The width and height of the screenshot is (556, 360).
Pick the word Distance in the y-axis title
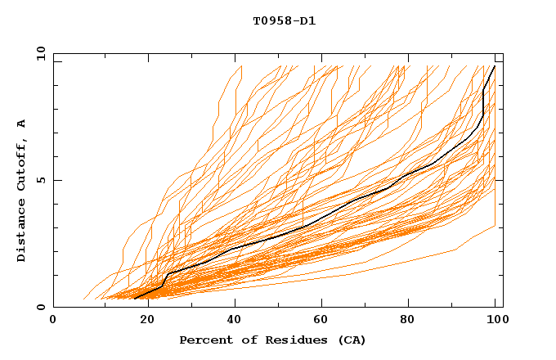tap(21, 230)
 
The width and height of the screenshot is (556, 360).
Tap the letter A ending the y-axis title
tap(21, 124)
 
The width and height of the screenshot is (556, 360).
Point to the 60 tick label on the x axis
tap(321, 320)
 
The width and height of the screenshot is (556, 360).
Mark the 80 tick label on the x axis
tap(409, 320)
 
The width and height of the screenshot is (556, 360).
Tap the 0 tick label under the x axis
tap(53, 320)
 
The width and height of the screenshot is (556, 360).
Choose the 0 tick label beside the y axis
tap(41, 308)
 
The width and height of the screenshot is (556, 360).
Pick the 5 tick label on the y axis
tap(41, 180)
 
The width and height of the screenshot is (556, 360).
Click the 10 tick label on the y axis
tap(38, 53)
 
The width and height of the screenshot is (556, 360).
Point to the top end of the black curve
tap(494, 66)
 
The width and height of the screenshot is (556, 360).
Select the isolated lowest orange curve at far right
tap(474, 238)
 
